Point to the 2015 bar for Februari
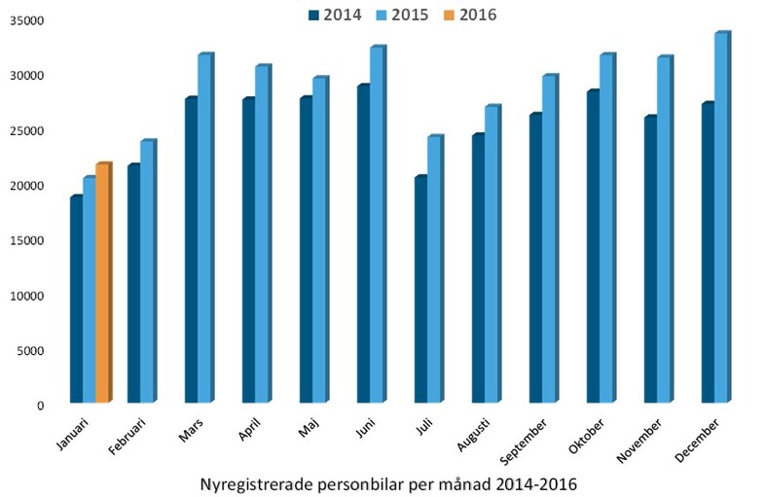(x=146, y=272)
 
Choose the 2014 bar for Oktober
(x=593, y=247)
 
